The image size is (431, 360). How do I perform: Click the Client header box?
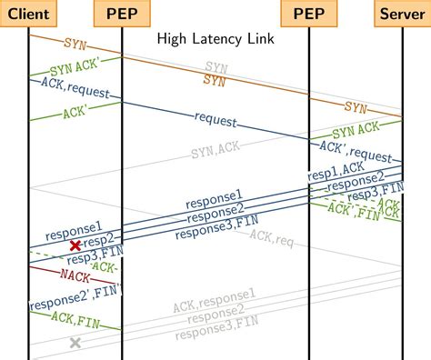[x=29, y=12]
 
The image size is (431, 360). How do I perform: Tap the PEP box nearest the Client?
[x=122, y=12]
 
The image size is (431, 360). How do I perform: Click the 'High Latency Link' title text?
[x=215, y=39]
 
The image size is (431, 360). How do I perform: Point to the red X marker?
[x=75, y=245]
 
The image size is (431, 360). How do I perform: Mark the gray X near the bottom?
[x=75, y=343]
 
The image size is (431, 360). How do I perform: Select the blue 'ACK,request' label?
[x=75, y=86]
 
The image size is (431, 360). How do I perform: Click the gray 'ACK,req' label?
[x=272, y=238]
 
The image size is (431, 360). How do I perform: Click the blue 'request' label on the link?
[x=215, y=119]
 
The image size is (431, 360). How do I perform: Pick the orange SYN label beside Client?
[x=75, y=43]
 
